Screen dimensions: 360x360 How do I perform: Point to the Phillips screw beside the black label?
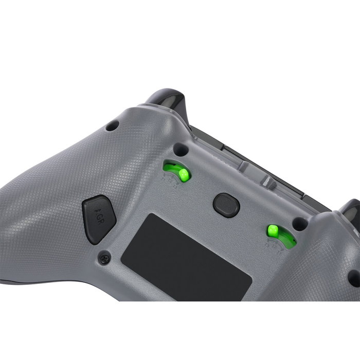tap(104, 256)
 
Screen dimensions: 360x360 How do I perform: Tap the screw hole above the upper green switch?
tap(180, 149)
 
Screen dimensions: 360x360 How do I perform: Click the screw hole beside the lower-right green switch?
tap(299, 223)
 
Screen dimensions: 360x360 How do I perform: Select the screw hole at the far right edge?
tap(354, 278)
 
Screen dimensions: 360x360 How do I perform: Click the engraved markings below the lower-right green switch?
tap(275, 246)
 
